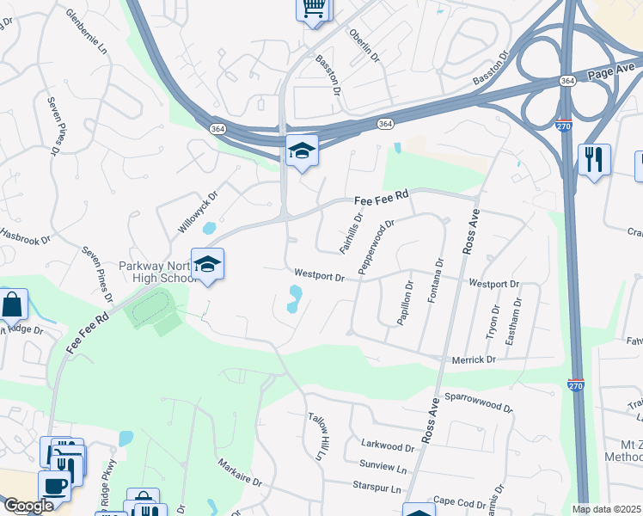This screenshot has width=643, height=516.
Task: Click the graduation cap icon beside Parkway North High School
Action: tap(207, 264)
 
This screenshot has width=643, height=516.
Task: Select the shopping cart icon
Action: tap(314, 9)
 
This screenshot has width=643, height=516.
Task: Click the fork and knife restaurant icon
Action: tap(594, 160)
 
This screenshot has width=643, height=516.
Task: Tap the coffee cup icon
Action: tap(56, 485)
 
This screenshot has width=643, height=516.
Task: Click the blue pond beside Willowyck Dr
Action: tap(209, 230)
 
